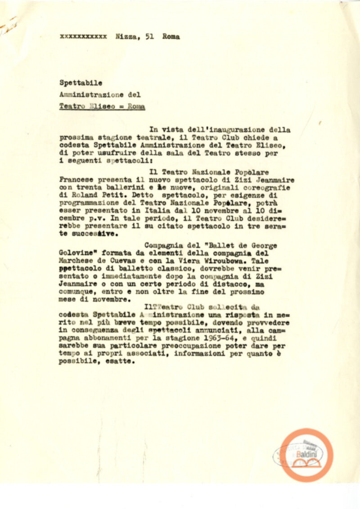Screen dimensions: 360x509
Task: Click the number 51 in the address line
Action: pos(150,37)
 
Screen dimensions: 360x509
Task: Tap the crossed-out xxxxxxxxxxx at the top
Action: pos(83,37)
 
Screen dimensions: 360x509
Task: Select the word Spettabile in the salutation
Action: pos(75,83)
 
